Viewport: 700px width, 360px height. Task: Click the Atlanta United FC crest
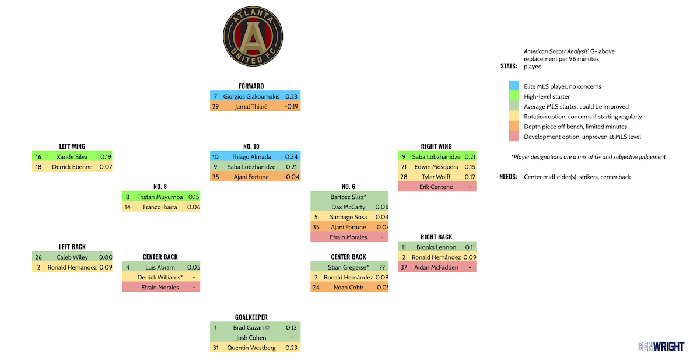pyautogui.click(x=253, y=37)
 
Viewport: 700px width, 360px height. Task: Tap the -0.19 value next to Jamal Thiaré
pyautogui.click(x=291, y=107)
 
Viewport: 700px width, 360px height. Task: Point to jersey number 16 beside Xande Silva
pyautogui.click(x=38, y=156)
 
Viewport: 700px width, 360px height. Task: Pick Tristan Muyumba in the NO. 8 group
pyautogui.click(x=160, y=197)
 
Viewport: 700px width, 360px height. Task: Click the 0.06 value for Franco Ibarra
pyautogui.click(x=193, y=207)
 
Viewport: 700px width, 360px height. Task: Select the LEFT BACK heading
pyautogui.click(x=72, y=247)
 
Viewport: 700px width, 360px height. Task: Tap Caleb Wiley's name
pyautogui.click(x=72, y=257)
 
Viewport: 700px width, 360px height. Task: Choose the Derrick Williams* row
pyautogui.click(x=160, y=277)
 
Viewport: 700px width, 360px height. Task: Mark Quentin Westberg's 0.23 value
pyautogui.click(x=291, y=348)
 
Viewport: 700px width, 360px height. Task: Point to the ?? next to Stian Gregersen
pyautogui.click(x=381, y=267)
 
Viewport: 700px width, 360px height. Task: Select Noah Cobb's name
pyautogui.click(x=349, y=287)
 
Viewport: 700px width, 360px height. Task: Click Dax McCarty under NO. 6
pyautogui.click(x=349, y=207)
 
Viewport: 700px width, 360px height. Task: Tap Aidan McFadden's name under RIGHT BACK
pyautogui.click(x=436, y=267)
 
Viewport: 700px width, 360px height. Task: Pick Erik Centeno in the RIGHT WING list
pyautogui.click(x=436, y=187)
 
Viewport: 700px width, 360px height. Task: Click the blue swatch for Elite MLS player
pyautogui.click(x=514, y=86)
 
